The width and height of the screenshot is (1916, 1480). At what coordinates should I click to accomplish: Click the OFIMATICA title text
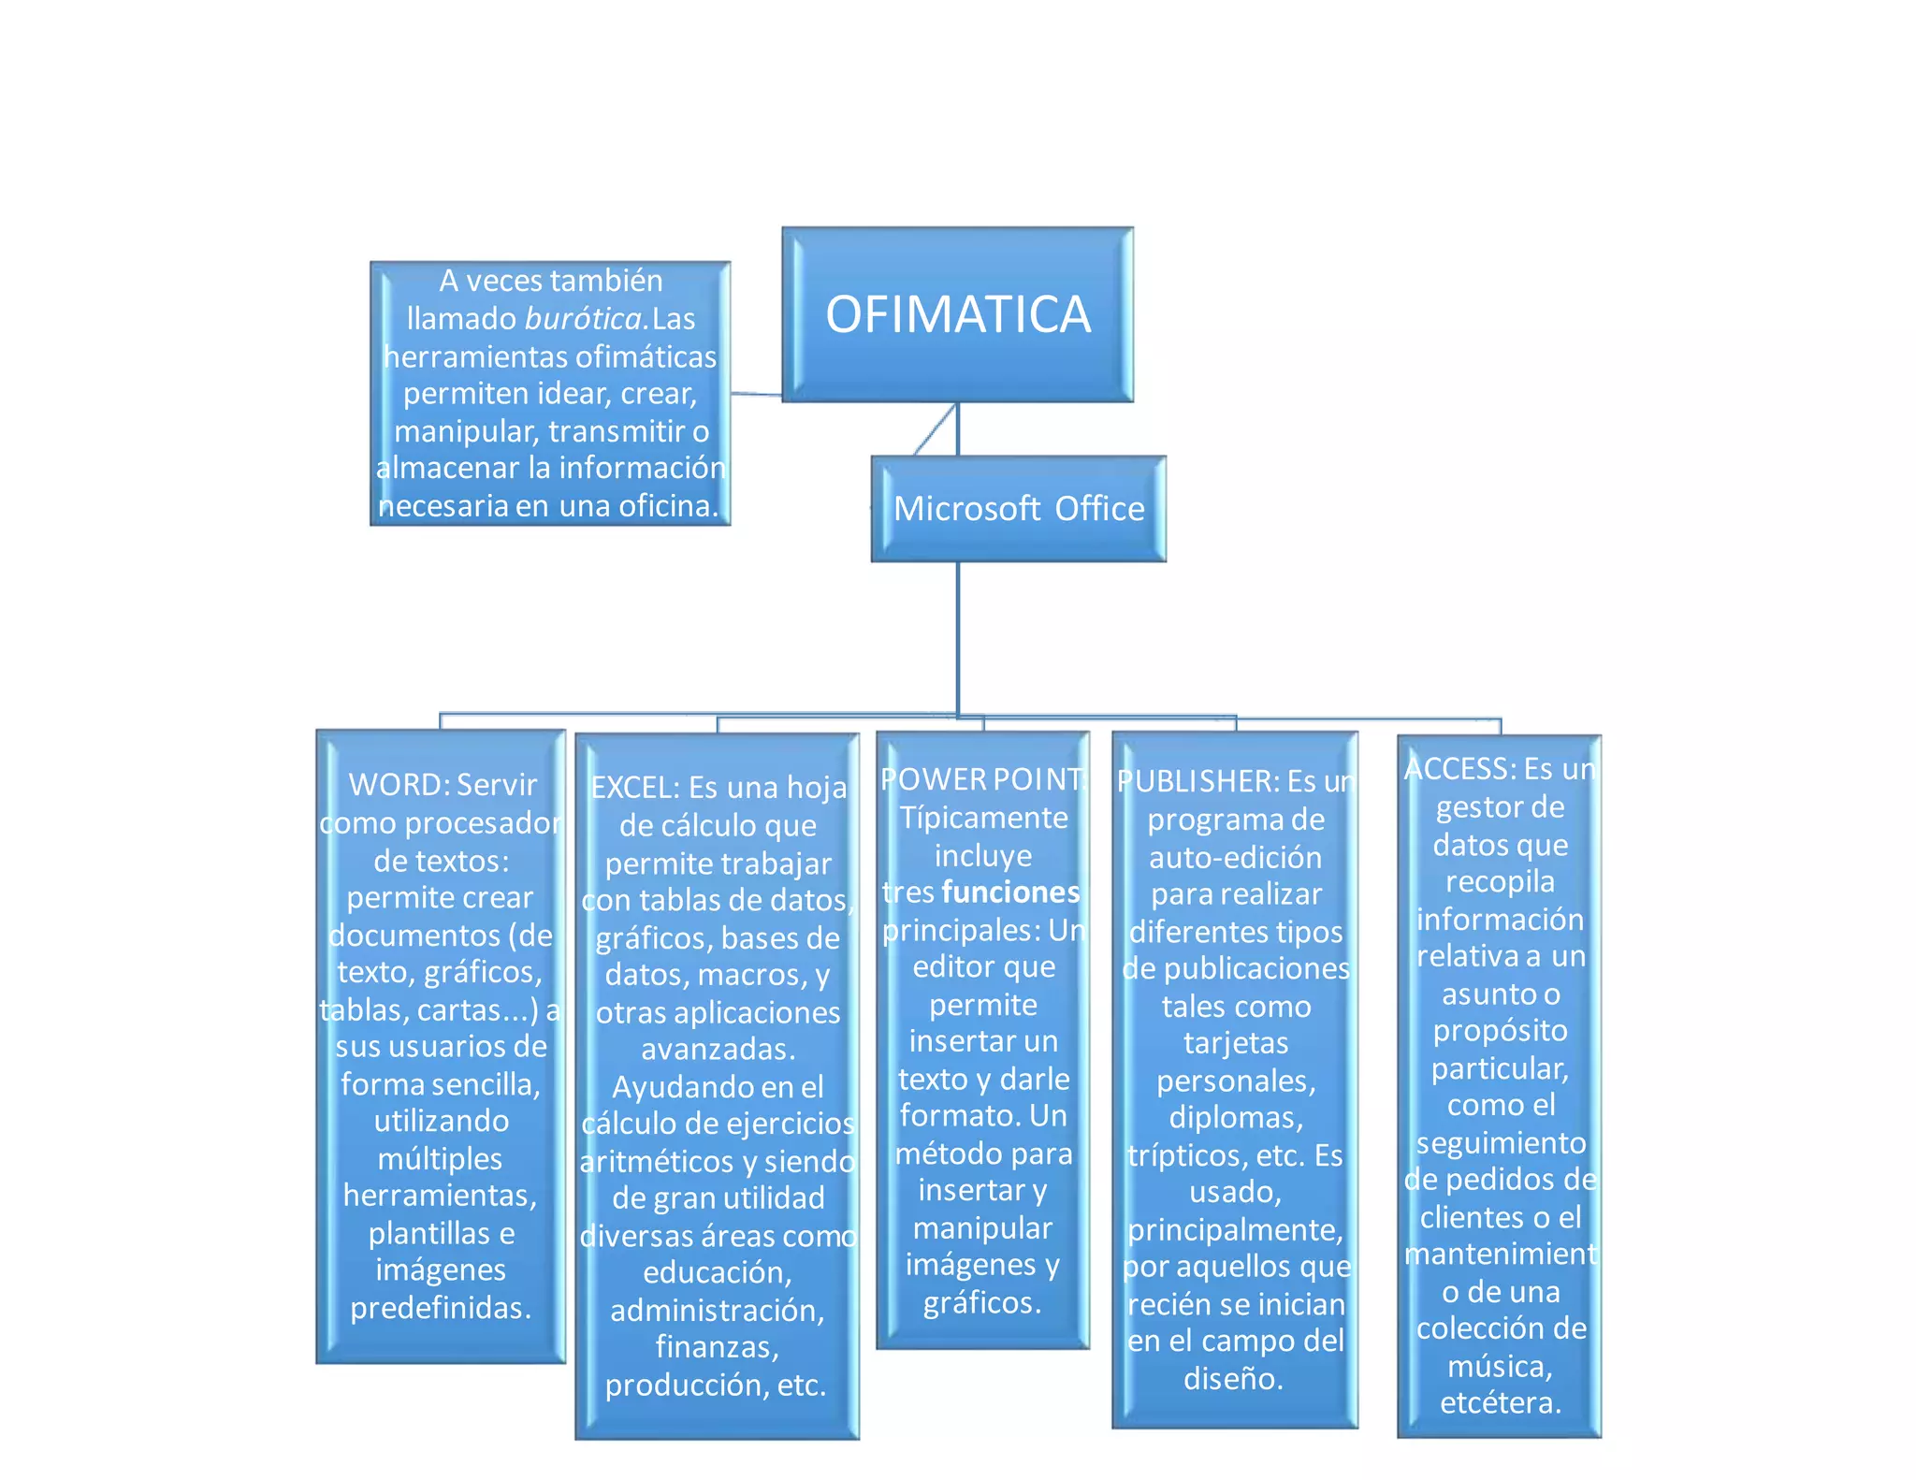(958, 314)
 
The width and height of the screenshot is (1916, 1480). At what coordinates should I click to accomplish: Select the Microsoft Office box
(1019, 509)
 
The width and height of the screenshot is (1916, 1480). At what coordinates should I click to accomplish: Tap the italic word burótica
(585, 319)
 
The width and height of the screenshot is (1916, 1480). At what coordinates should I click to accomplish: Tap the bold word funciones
(1010, 892)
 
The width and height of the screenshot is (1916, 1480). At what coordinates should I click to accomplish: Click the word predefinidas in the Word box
(440, 1308)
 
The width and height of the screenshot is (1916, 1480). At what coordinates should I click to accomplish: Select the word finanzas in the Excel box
(716, 1347)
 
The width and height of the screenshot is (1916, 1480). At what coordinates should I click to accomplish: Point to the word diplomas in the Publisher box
(1234, 1118)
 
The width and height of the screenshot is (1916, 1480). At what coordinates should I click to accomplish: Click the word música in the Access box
(1499, 1367)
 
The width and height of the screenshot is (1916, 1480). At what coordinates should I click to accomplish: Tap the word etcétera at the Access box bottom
(1499, 1403)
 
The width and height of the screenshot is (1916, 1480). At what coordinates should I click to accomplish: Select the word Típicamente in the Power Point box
(983, 819)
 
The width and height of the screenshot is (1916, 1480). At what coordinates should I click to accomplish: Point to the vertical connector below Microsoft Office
(958, 636)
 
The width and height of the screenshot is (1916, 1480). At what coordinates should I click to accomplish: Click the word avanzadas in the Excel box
(717, 1050)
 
